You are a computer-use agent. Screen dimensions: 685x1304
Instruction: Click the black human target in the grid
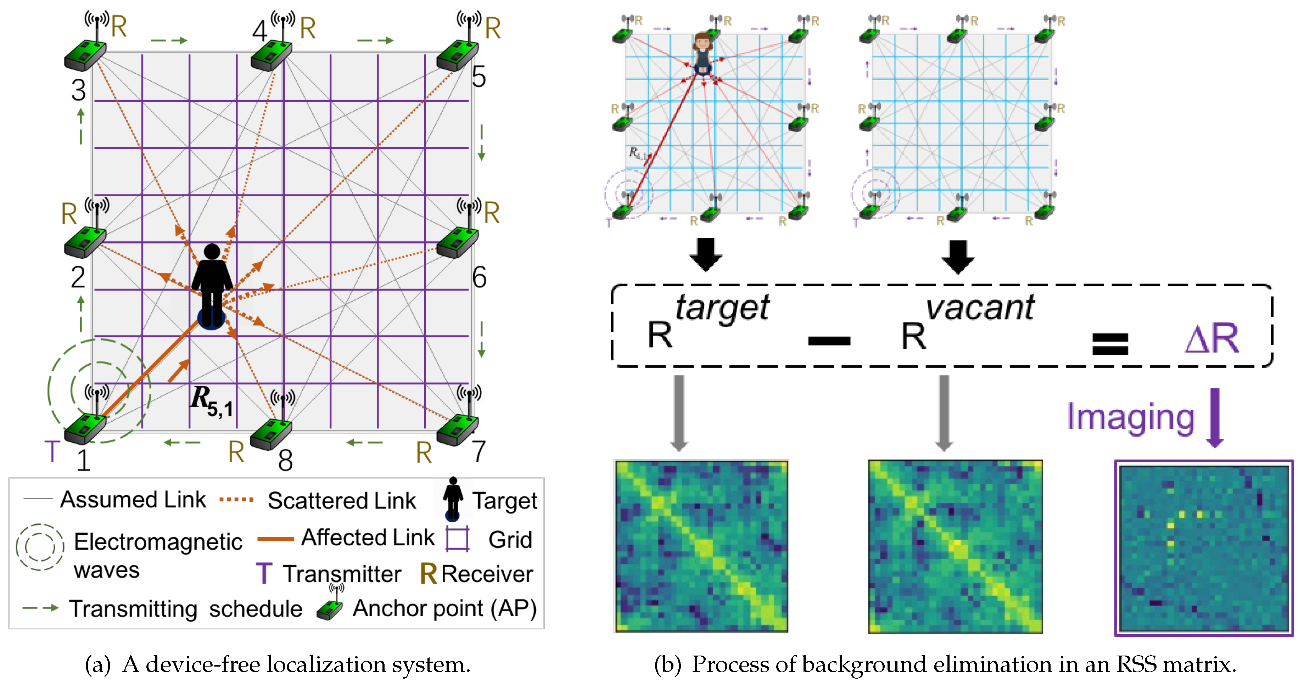point(212,286)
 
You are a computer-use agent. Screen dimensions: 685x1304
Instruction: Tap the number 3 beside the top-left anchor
point(78,91)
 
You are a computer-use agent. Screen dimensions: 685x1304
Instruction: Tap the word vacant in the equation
point(980,307)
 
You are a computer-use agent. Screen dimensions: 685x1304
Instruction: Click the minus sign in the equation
point(829,341)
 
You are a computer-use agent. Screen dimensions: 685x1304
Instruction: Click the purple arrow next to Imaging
point(1215,418)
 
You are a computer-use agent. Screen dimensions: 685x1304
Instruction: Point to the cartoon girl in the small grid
point(703,53)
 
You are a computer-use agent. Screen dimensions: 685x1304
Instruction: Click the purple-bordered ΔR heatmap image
point(1204,548)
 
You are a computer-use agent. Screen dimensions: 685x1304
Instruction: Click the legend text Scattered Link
point(342,501)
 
